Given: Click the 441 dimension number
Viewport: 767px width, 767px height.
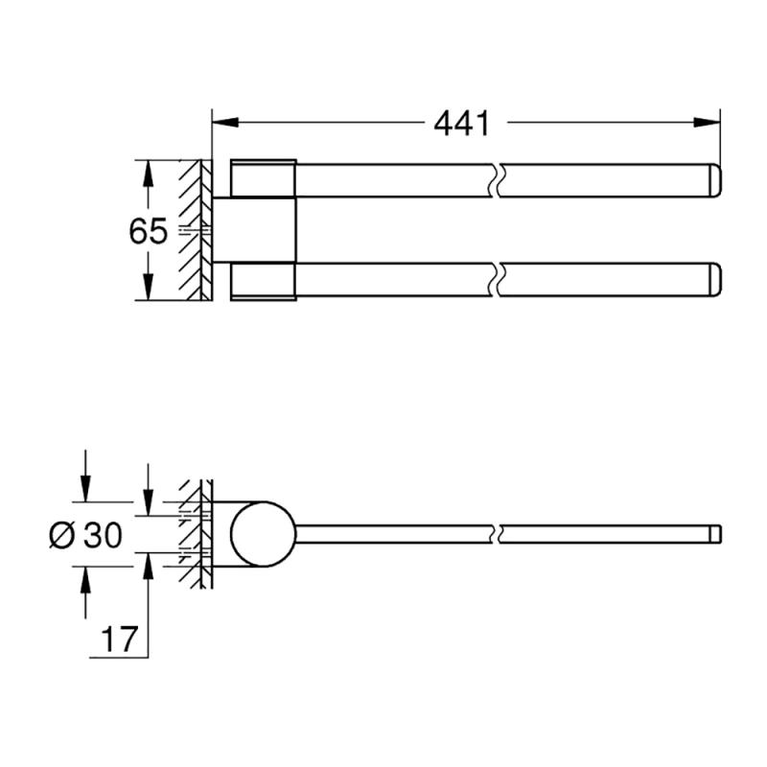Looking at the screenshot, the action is pos(461,124).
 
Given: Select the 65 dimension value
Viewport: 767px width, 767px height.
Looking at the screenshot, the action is pos(149,231).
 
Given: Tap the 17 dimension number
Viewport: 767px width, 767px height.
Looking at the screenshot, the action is pos(119,639).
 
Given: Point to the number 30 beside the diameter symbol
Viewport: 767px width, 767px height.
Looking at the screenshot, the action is pos(103,535).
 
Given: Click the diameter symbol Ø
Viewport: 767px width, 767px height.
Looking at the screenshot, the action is pos(62,535).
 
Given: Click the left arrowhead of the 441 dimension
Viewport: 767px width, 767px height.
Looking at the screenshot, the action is pos(225,123).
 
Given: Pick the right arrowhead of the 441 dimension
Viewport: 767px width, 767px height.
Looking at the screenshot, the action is pos(707,123).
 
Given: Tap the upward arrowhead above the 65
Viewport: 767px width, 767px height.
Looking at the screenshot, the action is pos(149,173).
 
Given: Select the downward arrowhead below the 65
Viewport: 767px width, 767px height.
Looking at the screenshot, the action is pos(149,287).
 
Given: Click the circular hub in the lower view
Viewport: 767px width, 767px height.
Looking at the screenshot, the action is pos(263,534).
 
